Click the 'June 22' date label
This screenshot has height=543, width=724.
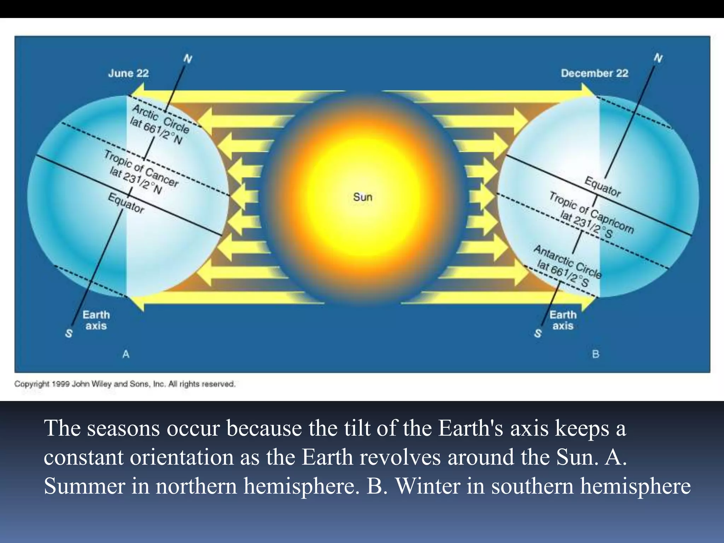pos(128,74)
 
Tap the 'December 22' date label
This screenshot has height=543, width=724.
pos(594,74)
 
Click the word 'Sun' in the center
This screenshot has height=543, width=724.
pos(363,197)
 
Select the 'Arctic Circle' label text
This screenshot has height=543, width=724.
pos(161,119)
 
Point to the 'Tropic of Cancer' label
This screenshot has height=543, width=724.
pos(141,168)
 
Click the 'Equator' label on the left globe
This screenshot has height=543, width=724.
pos(126,203)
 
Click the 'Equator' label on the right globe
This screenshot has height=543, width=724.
pos(602,186)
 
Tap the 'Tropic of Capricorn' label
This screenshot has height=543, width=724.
pos(591,212)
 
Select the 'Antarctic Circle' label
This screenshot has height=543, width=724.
pos(567,262)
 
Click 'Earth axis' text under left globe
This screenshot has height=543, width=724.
pos(96,320)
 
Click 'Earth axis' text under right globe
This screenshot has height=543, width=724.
pos(563,320)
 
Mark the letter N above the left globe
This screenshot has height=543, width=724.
pos(188,59)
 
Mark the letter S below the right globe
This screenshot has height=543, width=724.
pos(538,333)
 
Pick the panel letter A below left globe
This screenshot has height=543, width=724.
pos(126,354)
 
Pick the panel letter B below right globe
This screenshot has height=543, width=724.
pos(596,354)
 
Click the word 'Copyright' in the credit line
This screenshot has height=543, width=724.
pos(32,384)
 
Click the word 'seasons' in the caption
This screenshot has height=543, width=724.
pos(123,428)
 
